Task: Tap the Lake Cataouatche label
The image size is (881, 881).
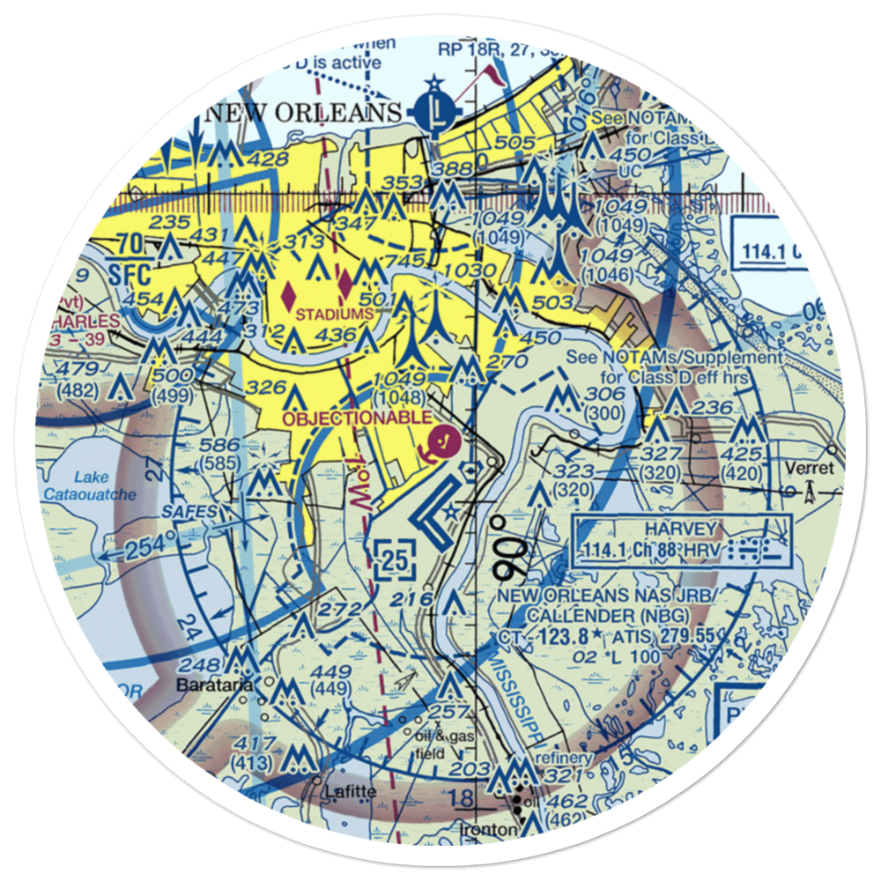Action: click(x=105, y=486)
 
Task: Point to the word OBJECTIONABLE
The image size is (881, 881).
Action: click(x=357, y=417)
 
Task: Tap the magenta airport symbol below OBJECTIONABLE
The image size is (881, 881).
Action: click(x=440, y=440)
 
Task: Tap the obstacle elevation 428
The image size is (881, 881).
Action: click(x=268, y=159)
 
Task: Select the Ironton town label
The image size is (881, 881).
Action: click(x=485, y=831)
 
